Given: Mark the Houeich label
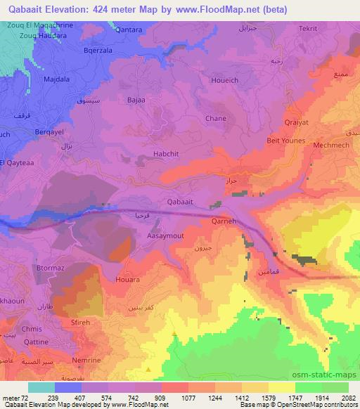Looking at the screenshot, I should (x=224, y=81).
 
